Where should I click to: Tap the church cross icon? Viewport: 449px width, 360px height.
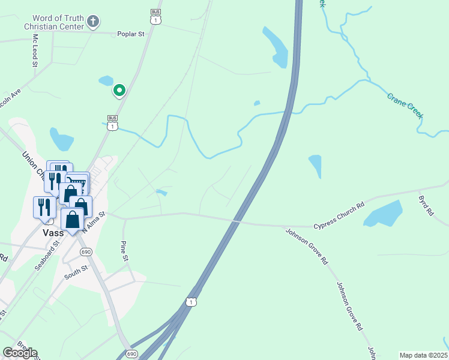coord(92,22)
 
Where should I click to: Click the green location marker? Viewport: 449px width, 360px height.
coord(119,91)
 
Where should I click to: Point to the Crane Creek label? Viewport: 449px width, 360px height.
coord(405,105)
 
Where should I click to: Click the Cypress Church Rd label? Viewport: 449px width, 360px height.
coord(339,215)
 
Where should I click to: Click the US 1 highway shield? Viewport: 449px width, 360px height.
coord(190,302)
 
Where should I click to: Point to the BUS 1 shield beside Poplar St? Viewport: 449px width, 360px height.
coord(156,17)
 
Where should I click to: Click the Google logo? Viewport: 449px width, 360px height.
coord(20,353)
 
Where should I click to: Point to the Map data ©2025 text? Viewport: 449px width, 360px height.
coord(424,355)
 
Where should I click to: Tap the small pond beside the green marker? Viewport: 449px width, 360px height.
coord(106,80)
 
